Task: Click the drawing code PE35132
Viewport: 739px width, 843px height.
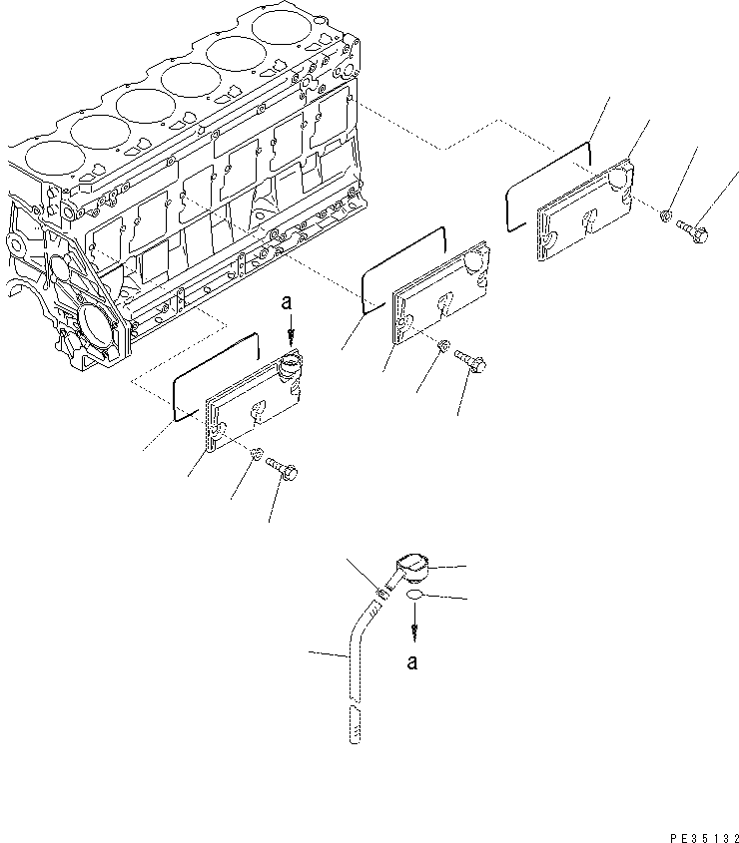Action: tap(705, 837)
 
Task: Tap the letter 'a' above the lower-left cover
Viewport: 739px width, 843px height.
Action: tap(287, 302)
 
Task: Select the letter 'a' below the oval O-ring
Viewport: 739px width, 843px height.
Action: tap(412, 662)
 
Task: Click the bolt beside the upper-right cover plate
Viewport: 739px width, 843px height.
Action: tap(692, 231)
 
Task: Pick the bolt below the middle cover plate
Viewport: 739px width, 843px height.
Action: tap(471, 360)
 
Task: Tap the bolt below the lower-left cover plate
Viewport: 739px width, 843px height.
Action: tap(283, 468)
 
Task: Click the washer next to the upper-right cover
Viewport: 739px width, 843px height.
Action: tap(666, 215)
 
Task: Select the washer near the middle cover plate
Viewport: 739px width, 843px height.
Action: tap(444, 345)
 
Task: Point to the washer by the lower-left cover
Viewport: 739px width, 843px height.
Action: tap(257, 452)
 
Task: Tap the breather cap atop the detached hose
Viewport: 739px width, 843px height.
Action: tap(412, 569)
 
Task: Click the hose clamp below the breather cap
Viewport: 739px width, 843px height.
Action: tap(382, 594)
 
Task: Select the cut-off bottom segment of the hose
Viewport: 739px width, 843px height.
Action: tap(355, 724)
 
